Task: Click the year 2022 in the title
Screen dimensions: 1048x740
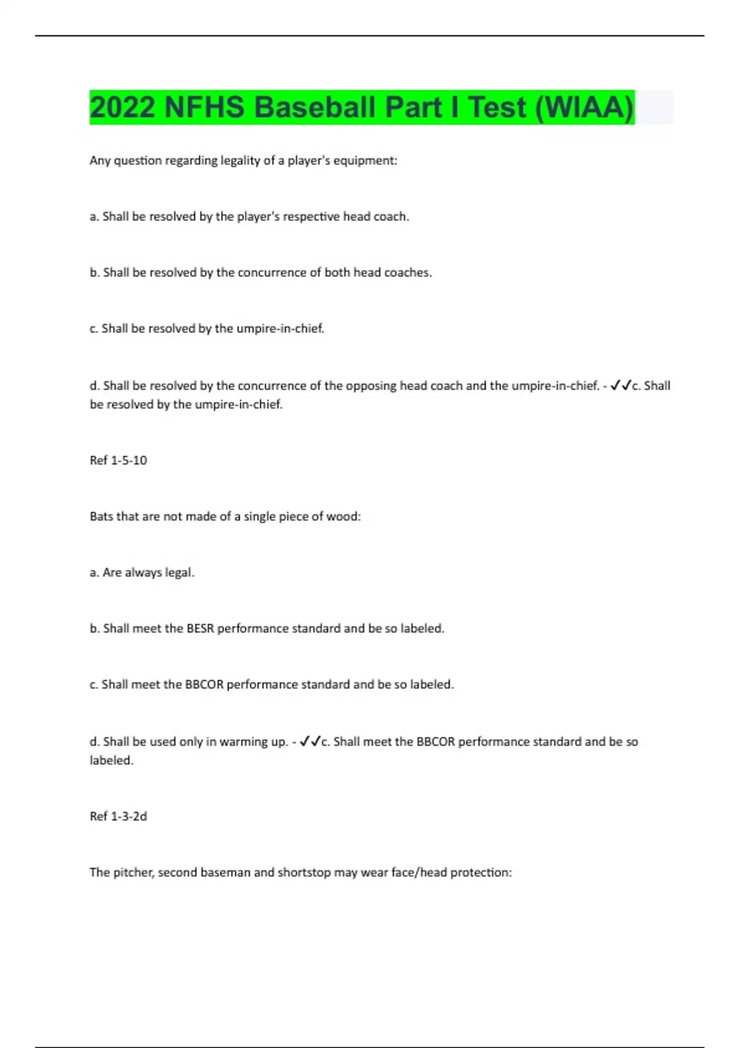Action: click(122, 107)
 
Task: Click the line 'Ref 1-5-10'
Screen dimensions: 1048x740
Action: click(118, 461)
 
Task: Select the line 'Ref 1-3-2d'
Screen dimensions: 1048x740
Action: click(118, 816)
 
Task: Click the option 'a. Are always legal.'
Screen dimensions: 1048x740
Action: click(142, 573)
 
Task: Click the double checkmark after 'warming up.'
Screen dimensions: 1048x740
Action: click(310, 742)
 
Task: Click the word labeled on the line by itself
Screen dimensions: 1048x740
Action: click(110, 761)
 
